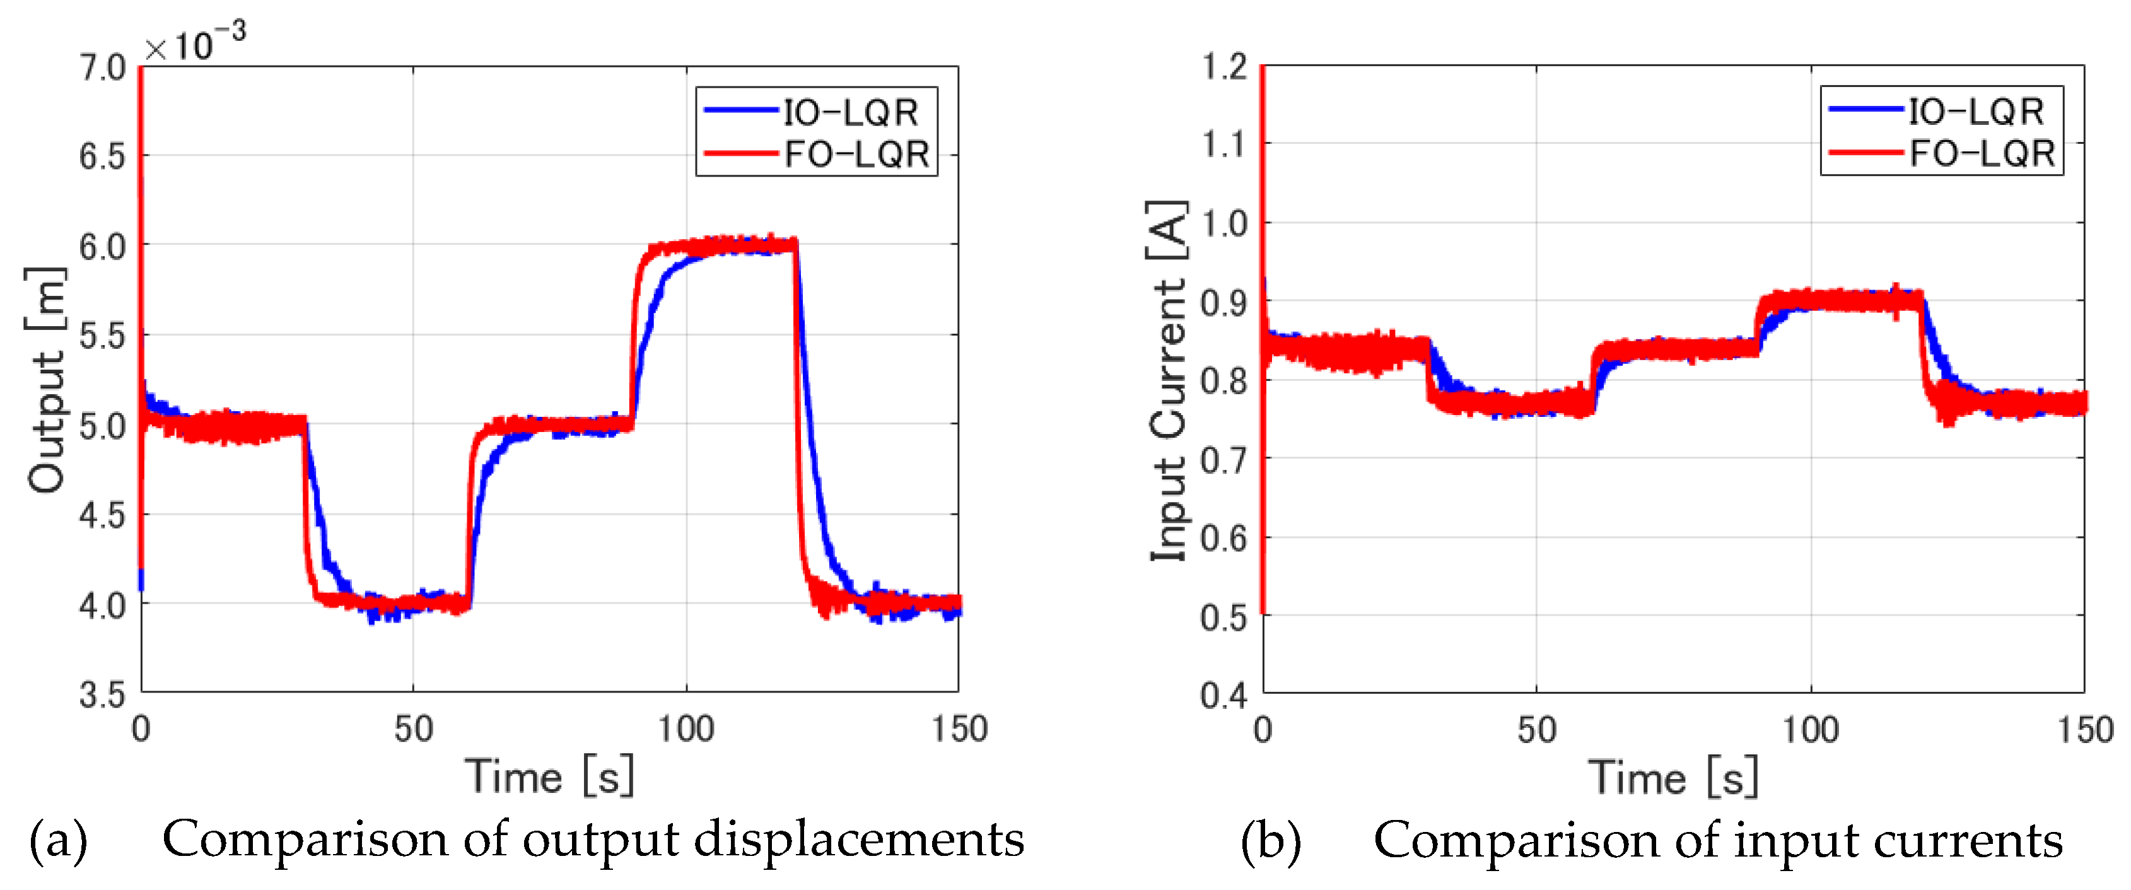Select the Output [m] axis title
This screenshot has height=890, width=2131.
point(45,380)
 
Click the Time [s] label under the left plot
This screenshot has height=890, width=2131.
point(549,776)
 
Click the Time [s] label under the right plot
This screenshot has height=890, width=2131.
point(1673,776)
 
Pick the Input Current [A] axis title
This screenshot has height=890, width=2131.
point(1168,380)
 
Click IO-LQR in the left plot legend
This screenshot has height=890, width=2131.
point(850,112)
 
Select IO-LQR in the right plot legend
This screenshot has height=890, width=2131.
point(1975,112)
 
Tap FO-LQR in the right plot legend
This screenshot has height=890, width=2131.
point(1982,154)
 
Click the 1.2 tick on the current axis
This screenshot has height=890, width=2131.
point(1224,66)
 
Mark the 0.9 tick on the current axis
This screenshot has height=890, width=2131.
point(1224,303)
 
